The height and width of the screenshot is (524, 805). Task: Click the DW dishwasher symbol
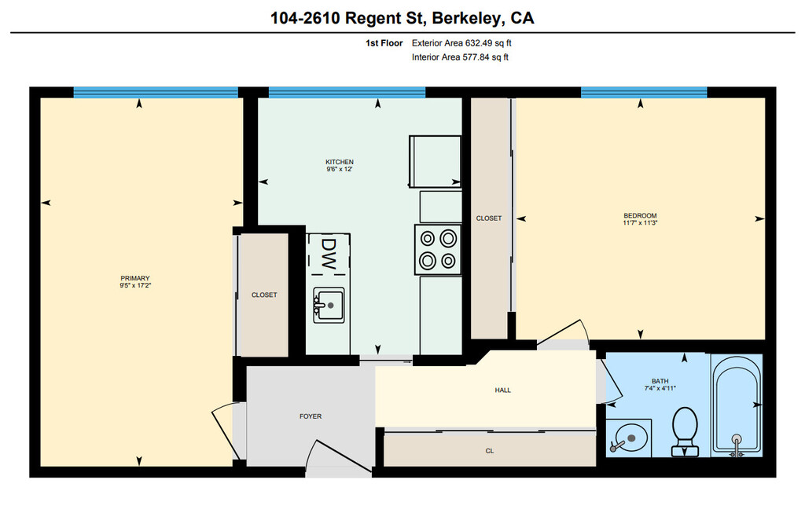click(x=329, y=255)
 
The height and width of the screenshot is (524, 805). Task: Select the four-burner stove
click(x=438, y=249)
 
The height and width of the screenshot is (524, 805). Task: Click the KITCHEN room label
click(x=340, y=162)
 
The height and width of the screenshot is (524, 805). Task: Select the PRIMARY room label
click(x=135, y=278)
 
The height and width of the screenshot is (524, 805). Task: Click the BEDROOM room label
click(x=640, y=215)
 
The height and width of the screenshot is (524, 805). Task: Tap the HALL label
click(x=503, y=390)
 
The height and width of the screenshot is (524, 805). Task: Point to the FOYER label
click(x=311, y=416)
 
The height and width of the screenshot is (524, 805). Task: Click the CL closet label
click(x=490, y=451)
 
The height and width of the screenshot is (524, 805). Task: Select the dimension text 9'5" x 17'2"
click(x=135, y=286)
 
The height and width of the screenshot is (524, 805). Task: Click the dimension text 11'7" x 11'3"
click(x=640, y=222)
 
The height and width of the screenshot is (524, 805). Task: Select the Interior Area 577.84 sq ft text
click(x=460, y=57)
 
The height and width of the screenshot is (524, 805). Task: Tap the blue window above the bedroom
click(x=644, y=93)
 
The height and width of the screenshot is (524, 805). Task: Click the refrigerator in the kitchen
click(x=435, y=161)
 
